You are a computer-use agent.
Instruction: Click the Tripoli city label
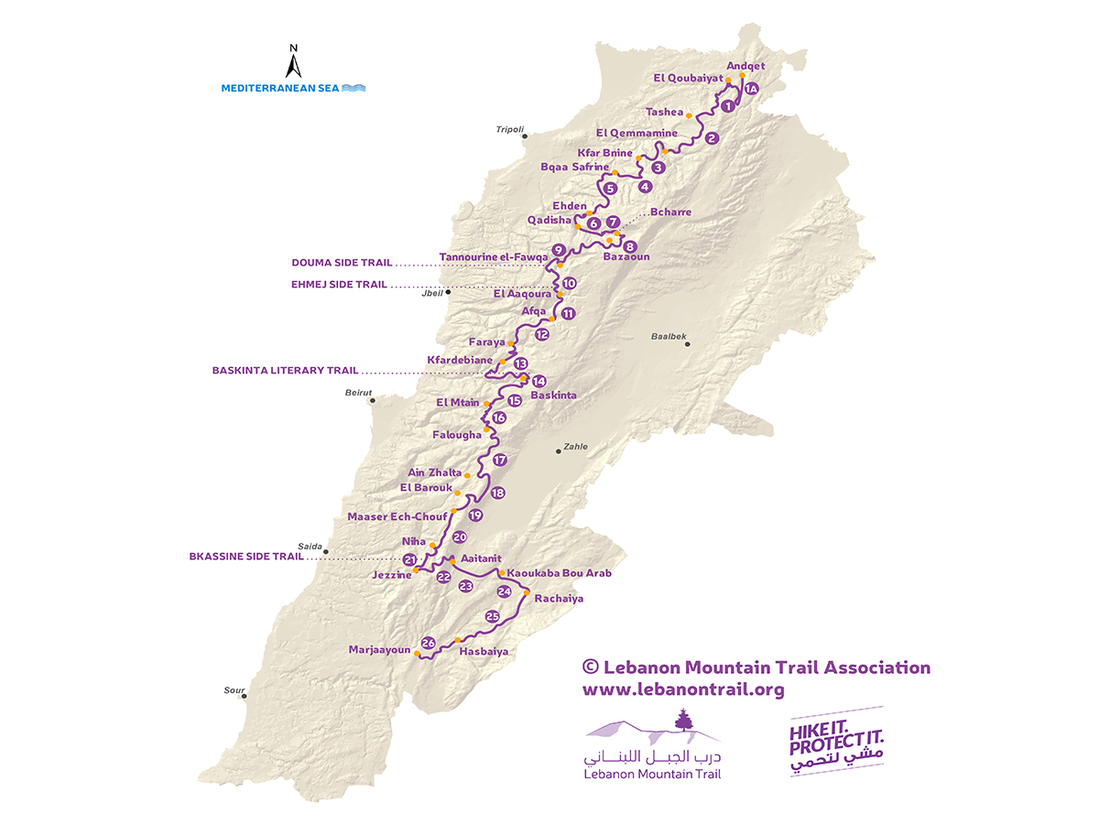[509, 130]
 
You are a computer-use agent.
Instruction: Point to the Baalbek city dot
[687, 344]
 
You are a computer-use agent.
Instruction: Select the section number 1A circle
[751, 89]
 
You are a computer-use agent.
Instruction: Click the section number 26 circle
[428, 644]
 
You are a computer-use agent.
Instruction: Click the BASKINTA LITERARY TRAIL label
[285, 371]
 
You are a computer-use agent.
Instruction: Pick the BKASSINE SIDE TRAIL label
[247, 556]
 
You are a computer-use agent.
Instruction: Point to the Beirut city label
[358, 392]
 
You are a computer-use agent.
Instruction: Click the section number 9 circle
[558, 250]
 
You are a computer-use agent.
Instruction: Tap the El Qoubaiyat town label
[688, 80]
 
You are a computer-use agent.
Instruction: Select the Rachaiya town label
[559, 599]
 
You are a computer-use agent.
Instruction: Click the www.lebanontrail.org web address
[683, 690]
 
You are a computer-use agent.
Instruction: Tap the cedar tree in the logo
[680, 721]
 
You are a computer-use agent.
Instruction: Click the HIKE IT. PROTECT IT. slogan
[836, 743]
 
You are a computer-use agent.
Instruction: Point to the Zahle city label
[576, 447]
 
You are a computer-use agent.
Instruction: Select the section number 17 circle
[499, 460]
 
